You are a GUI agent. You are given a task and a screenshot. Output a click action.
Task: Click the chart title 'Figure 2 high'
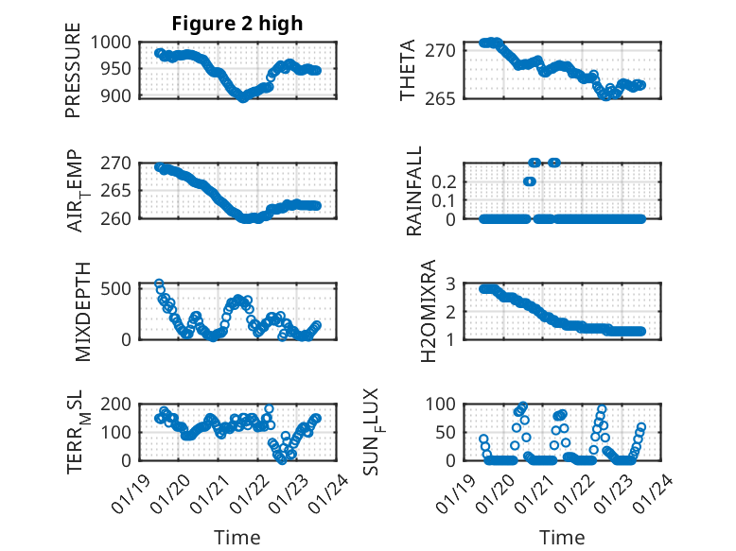pos(237,24)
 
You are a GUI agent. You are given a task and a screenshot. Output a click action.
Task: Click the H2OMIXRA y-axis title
pos(428,310)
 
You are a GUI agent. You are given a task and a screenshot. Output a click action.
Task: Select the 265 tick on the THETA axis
pos(447,97)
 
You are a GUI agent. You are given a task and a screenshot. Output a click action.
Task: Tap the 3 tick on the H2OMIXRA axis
pos(454,284)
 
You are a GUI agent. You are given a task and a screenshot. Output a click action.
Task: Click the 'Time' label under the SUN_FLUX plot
pos(562,538)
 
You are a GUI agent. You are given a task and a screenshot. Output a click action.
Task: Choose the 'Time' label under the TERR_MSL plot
pos(237,538)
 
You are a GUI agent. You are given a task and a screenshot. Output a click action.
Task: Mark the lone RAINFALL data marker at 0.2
pos(530,181)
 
